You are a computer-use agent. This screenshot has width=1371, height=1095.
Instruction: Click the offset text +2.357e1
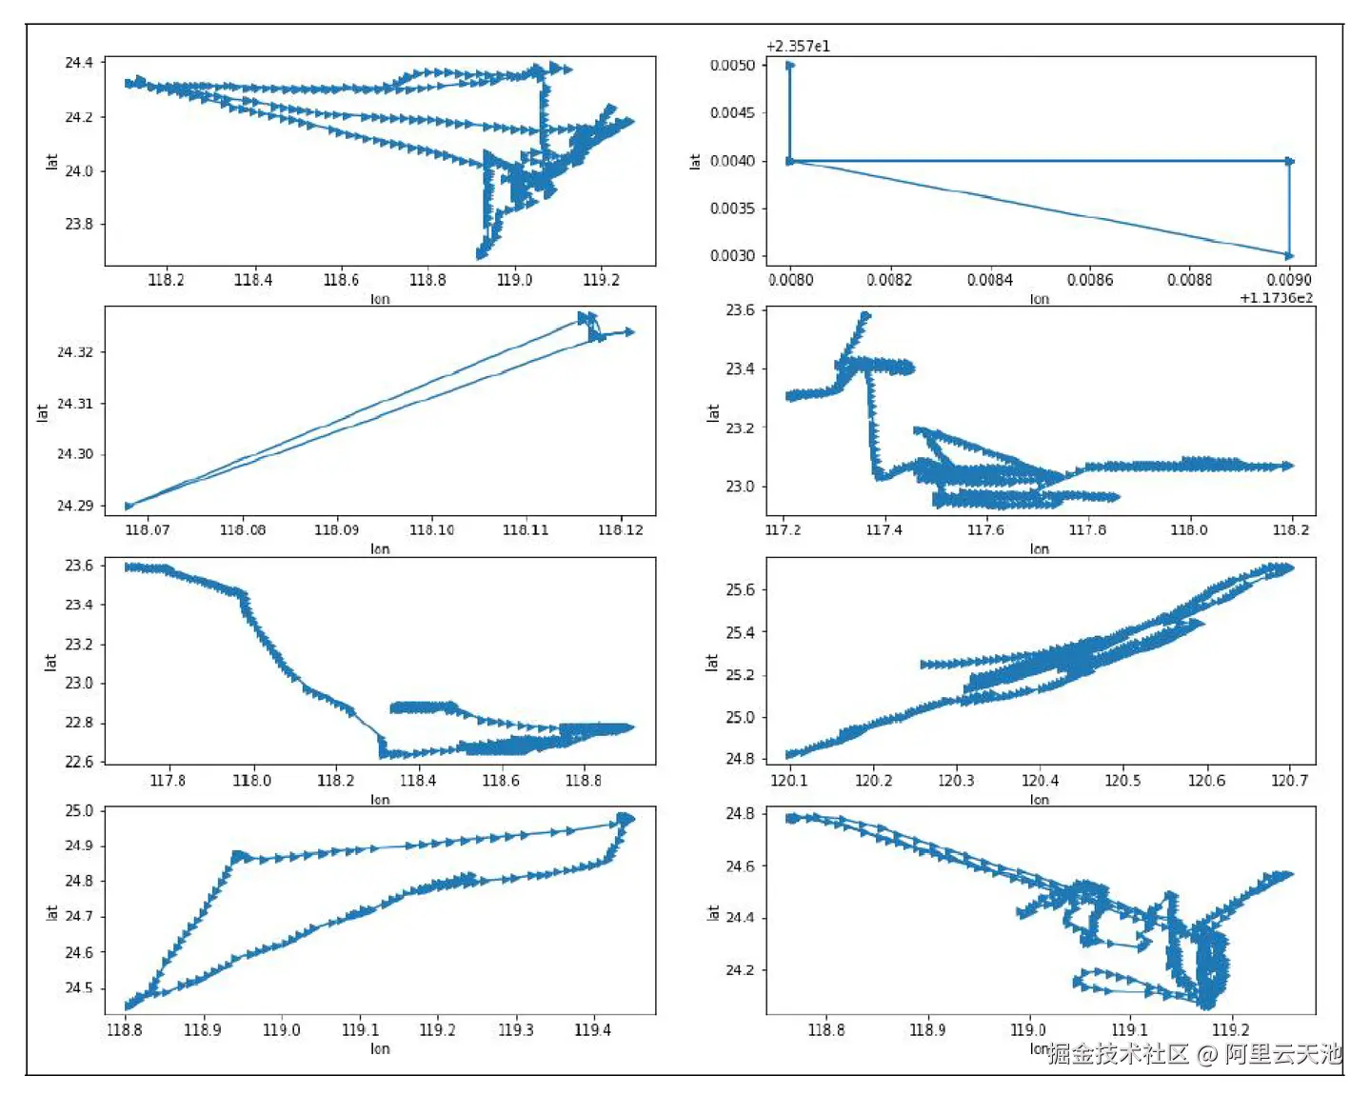click(798, 46)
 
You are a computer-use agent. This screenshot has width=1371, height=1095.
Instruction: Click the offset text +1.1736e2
click(1276, 298)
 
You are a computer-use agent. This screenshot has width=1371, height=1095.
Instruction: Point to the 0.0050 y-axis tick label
click(732, 65)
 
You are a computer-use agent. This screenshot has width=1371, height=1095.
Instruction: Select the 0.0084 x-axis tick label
click(989, 280)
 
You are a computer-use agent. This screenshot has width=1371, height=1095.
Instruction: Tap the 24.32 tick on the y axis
click(75, 352)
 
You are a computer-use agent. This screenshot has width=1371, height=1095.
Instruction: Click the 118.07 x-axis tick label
click(148, 529)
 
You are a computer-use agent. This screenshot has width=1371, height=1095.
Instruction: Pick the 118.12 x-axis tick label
click(621, 529)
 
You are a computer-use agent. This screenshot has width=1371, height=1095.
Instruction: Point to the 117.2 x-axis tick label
click(784, 529)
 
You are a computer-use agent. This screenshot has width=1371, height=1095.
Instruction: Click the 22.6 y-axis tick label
click(79, 762)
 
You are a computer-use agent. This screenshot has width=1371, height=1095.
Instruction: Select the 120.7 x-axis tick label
click(1290, 781)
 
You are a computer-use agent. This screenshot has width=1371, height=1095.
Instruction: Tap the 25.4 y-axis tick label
click(740, 632)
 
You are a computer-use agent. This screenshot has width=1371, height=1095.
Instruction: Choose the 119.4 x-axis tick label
click(592, 1029)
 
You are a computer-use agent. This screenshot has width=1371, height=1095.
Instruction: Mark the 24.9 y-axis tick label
click(79, 846)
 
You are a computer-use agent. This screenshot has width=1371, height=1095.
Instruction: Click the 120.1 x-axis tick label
click(789, 781)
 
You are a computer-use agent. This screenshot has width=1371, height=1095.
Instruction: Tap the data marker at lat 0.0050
click(790, 65)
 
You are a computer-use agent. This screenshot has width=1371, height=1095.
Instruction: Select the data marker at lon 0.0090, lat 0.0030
click(1289, 255)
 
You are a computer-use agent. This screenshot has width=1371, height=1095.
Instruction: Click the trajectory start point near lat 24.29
click(129, 506)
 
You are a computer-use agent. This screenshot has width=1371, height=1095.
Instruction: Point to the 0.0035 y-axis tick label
click(732, 208)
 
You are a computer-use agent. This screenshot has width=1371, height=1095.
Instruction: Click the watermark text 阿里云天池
click(1282, 1054)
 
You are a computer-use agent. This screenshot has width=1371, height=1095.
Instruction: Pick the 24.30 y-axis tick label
click(75, 454)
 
